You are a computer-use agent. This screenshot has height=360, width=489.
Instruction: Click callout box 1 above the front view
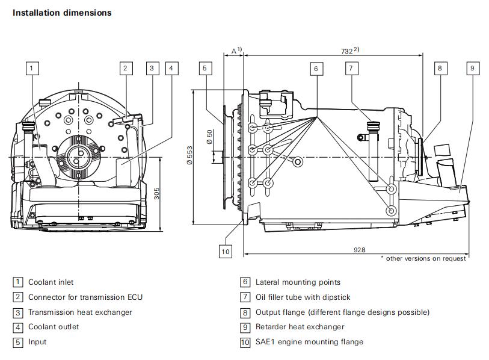(32, 68)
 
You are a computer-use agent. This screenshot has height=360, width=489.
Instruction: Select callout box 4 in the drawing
(171, 68)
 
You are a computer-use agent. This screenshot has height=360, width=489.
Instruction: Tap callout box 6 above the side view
(315, 68)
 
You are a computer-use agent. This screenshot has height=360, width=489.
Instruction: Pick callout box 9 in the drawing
(472, 68)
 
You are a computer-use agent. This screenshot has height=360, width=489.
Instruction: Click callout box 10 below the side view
(225, 251)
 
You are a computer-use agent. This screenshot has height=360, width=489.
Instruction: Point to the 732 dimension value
(345, 52)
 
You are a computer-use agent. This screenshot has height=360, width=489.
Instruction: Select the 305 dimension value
(156, 193)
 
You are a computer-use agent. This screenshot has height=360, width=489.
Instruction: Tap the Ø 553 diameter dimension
(189, 155)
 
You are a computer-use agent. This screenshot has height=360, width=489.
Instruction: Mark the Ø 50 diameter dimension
(209, 137)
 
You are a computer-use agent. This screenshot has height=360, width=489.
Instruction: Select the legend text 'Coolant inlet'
(51, 282)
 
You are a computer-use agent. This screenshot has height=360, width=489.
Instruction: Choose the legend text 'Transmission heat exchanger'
(80, 312)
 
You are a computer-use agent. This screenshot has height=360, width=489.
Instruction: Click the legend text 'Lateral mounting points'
(298, 282)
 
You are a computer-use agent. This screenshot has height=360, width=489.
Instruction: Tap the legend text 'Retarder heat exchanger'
(300, 327)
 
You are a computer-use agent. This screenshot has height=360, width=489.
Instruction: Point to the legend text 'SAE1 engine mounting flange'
(309, 342)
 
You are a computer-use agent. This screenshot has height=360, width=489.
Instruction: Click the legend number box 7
(245, 297)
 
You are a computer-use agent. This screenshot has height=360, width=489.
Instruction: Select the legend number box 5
(18, 342)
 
